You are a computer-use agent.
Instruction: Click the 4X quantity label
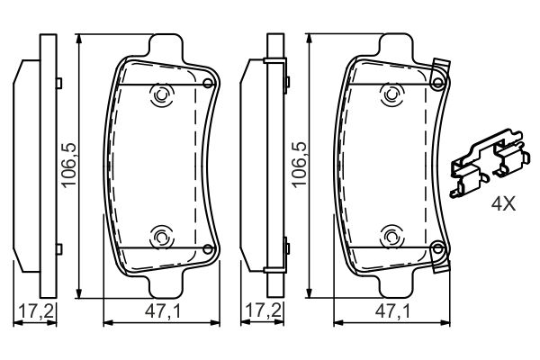[x=503, y=203]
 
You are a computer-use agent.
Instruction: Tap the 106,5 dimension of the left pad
[x=69, y=165]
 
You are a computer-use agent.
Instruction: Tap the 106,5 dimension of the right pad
[x=299, y=165]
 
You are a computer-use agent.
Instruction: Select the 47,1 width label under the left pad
[x=163, y=311]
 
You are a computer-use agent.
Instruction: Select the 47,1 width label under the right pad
[x=392, y=311]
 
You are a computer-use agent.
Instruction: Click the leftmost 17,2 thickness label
[x=36, y=311]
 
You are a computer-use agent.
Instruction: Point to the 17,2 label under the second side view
[x=265, y=311]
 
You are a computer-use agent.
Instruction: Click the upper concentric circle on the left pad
[x=163, y=95]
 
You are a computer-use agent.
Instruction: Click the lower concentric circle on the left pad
[x=163, y=238]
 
